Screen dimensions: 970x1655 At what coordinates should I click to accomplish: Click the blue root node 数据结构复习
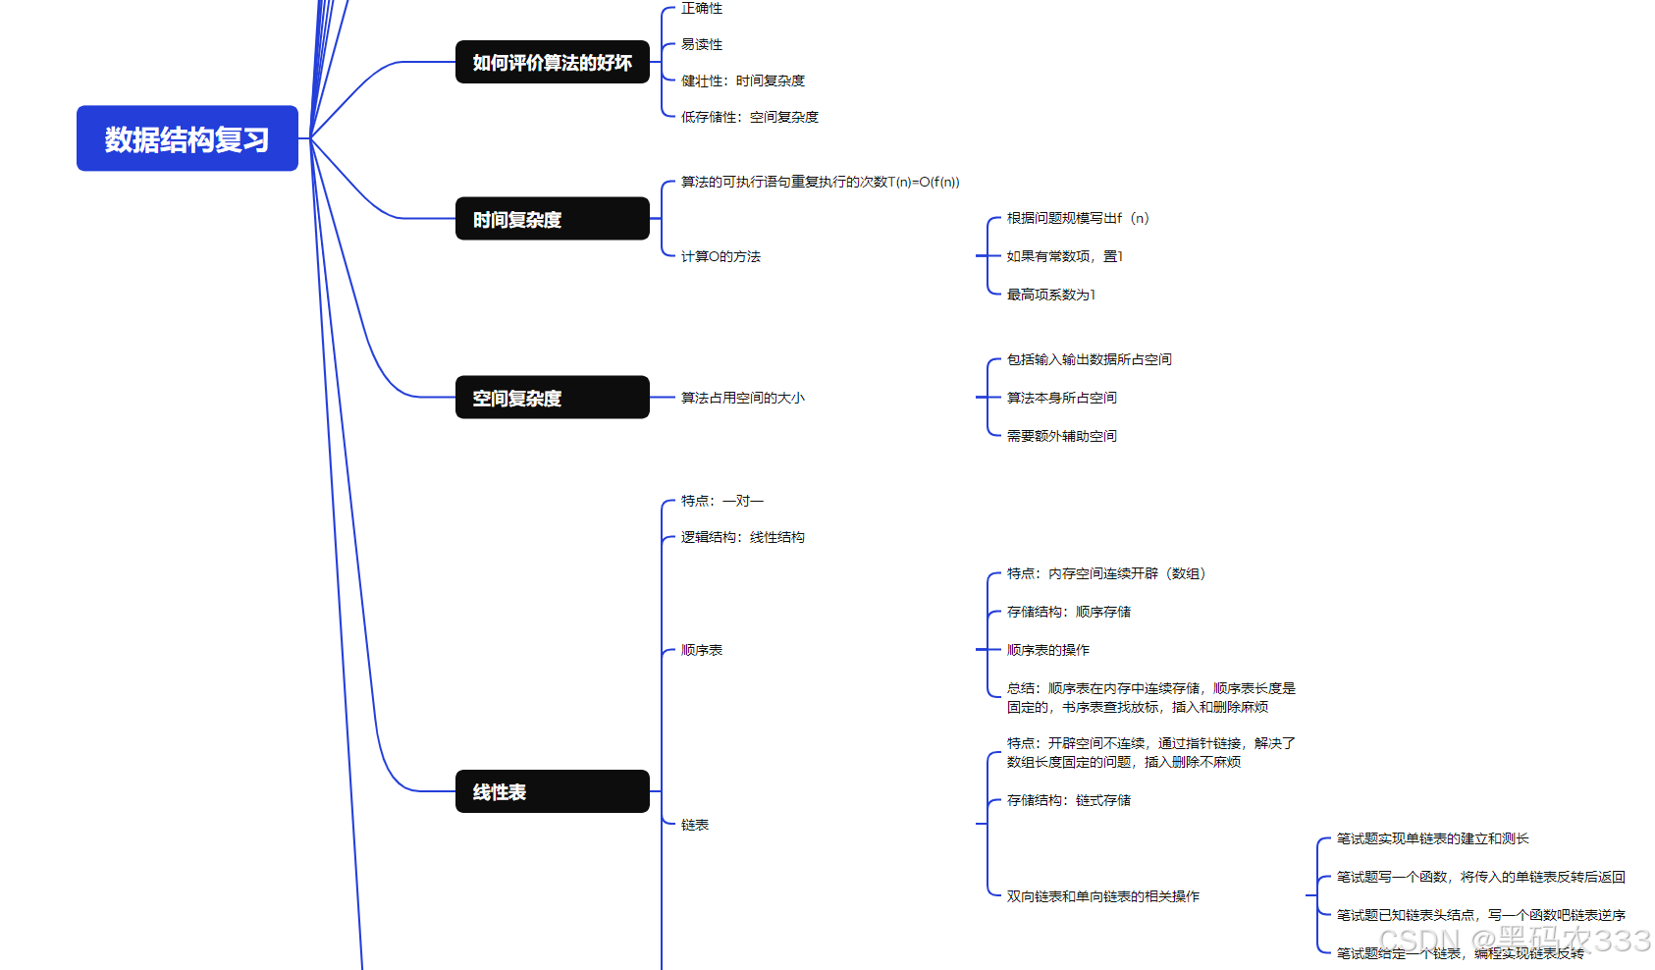[187, 138]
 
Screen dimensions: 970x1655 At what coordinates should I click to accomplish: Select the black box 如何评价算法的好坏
[552, 62]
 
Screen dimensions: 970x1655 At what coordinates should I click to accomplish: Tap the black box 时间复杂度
[552, 219]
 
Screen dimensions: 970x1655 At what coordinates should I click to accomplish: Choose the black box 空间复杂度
[552, 398]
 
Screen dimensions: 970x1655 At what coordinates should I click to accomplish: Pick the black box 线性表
[552, 791]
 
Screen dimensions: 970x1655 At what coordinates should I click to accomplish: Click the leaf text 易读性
[702, 44]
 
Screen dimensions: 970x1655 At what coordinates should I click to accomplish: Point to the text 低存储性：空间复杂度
[750, 117]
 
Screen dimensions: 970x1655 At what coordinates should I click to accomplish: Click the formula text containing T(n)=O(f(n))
[821, 182]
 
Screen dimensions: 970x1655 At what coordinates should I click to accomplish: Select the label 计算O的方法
[721, 256]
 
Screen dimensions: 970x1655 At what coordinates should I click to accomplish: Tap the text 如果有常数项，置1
[1064, 256]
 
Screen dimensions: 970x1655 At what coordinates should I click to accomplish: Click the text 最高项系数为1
[1050, 295]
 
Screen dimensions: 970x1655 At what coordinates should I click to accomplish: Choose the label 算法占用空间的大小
[742, 398]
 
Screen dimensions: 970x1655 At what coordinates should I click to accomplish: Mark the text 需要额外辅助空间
[1061, 436]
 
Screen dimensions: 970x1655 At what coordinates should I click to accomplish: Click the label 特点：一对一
[722, 501]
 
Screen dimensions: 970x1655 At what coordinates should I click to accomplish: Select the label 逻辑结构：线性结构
[742, 537]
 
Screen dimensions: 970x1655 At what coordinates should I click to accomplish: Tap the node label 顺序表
[702, 650]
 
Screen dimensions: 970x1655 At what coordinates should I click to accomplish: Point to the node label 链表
[695, 825]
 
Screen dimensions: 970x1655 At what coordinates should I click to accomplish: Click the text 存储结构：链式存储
[1068, 800]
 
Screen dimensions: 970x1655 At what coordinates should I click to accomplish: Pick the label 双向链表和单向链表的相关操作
[1102, 896]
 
